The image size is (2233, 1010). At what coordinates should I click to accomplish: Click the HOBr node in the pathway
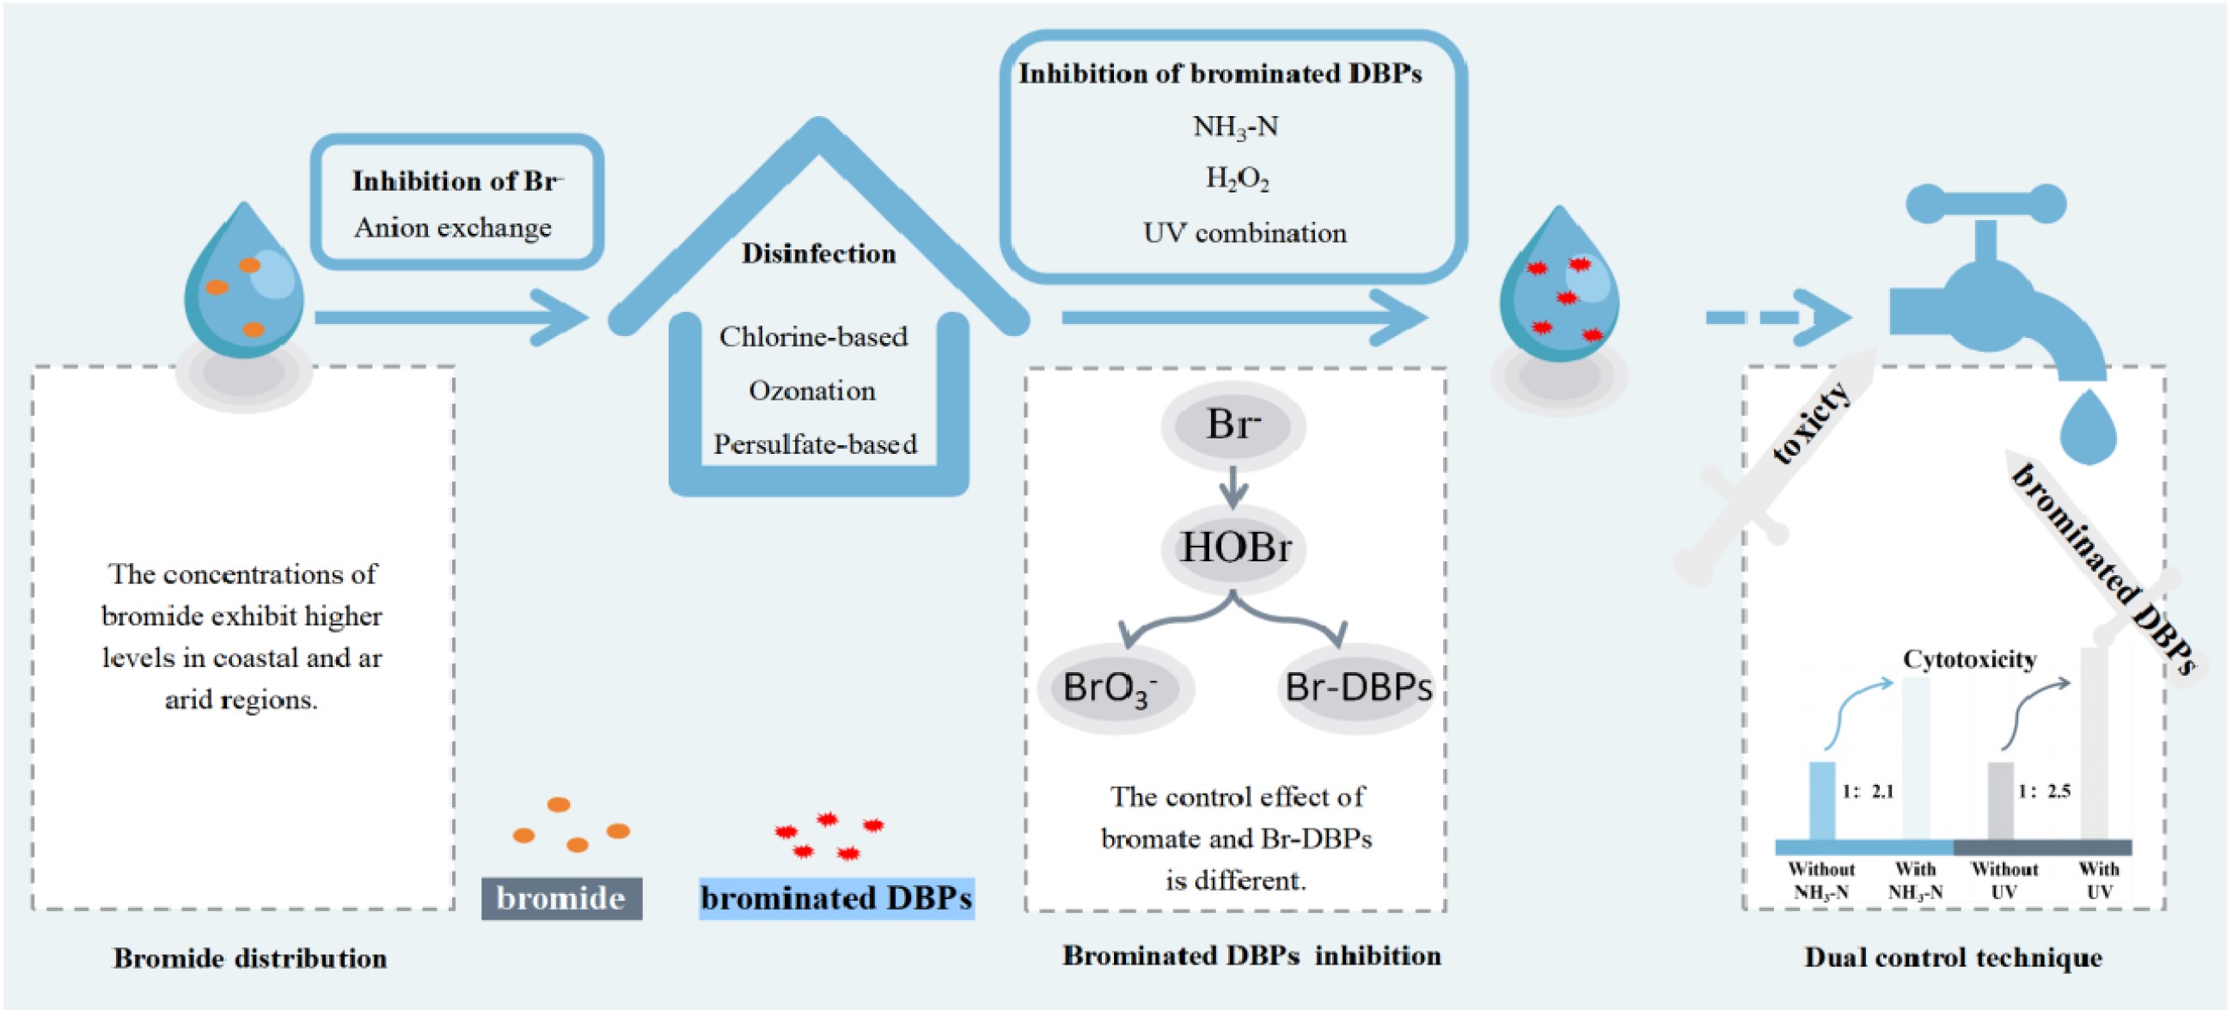click(1235, 548)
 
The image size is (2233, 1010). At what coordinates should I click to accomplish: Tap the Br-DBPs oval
click(1356, 689)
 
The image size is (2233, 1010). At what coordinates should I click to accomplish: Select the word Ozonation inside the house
click(812, 391)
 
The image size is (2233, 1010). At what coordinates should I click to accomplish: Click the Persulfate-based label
click(815, 444)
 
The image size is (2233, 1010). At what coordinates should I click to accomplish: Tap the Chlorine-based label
click(813, 336)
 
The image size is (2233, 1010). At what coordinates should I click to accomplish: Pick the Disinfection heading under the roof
click(818, 254)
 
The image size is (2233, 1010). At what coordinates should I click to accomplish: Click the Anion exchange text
click(452, 228)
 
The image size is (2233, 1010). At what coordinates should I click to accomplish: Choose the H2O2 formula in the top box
click(1237, 179)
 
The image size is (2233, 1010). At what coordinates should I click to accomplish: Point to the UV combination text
click(1245, 233)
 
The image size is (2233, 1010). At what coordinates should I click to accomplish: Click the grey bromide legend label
click(561, 898)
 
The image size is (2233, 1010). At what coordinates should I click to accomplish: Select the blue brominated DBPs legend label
click(836, 898)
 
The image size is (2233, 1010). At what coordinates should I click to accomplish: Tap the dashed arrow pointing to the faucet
click(1777, 317)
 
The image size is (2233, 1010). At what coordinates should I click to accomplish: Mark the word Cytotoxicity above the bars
click(1969, 660)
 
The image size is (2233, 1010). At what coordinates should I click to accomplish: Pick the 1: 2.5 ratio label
click(2044, 792)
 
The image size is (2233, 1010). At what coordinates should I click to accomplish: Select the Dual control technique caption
click(1953, 958)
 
